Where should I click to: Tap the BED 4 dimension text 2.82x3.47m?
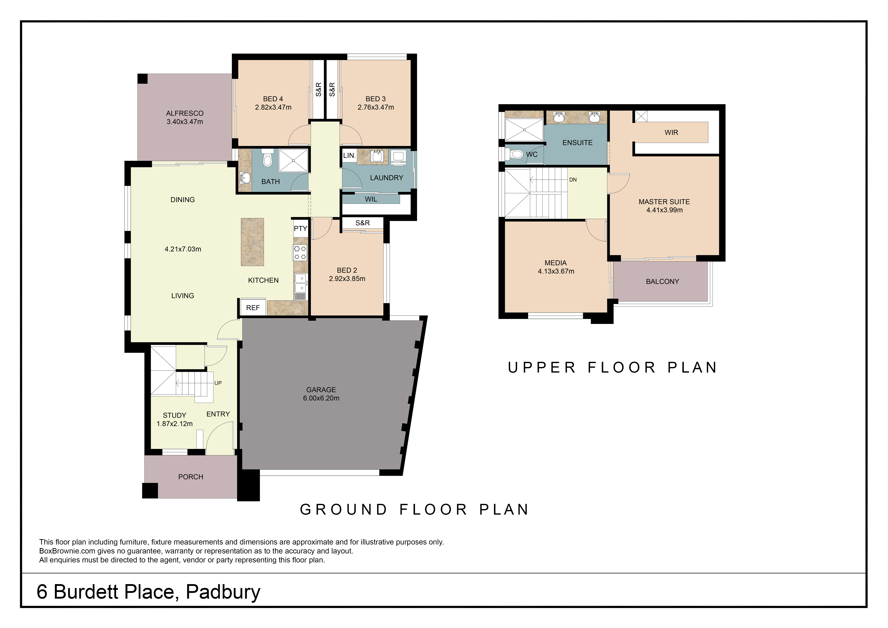[x=273, y=107]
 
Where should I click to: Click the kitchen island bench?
[x=252, y=242]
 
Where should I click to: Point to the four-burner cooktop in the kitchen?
[x=300, y=253]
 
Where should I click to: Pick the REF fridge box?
[x=253, y=307]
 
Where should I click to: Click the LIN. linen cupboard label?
[x=349, y=155]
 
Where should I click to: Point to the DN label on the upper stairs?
[x=573, y=180]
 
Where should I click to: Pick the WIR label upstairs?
[x=671, y=133]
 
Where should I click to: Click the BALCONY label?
[x=663, y=282]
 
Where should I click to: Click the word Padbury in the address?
[x=223, y=592]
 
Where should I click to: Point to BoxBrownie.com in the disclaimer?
[x=67, y=551]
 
